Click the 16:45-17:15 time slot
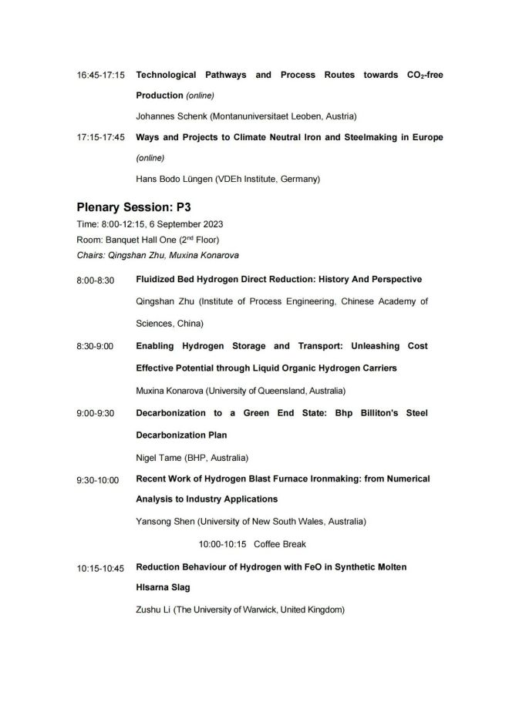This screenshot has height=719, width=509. point(101,76)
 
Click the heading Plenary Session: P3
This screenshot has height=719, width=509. point(133,207)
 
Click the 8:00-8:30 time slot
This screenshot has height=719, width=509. point(95,280)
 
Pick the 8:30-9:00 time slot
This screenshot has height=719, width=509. point(95,347)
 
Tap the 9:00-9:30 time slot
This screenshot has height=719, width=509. point(95,414)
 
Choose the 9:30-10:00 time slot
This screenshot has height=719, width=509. point(97,480)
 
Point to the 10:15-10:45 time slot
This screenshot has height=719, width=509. point(100,568)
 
